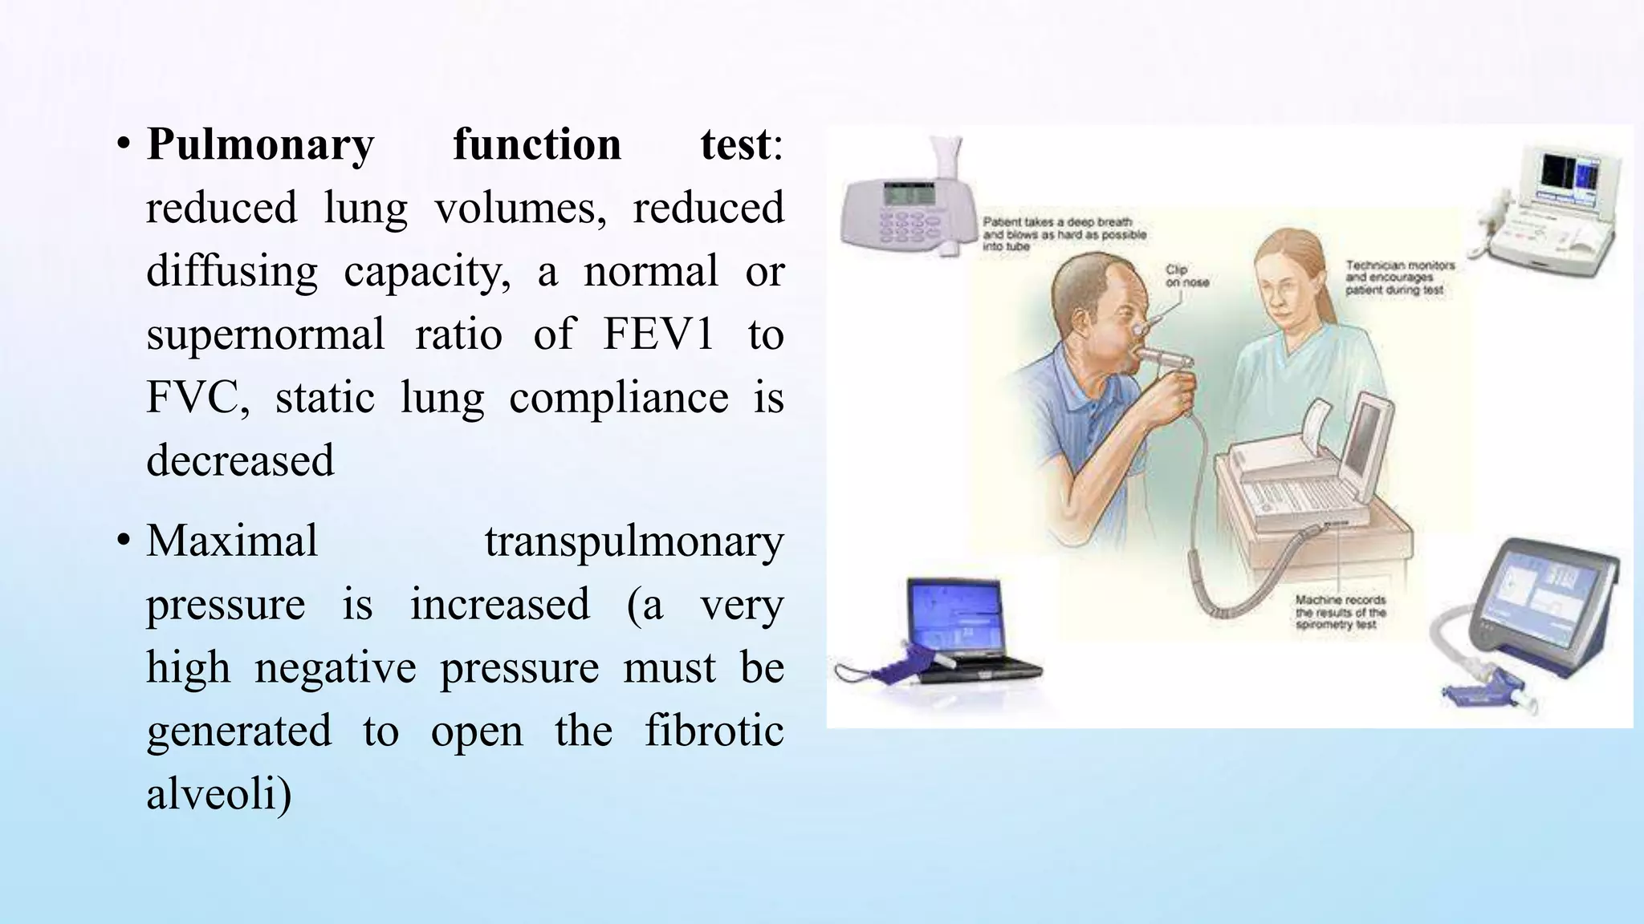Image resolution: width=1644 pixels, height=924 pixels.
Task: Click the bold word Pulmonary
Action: point(260,146)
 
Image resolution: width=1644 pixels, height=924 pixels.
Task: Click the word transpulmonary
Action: point(633,541)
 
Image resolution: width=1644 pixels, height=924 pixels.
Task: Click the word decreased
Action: point(240,460)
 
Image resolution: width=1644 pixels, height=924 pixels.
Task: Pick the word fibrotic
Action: point(714,731)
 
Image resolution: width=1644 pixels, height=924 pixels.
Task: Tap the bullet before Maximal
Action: point(123,541)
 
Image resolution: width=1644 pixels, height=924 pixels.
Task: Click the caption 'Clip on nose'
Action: point(1186,276)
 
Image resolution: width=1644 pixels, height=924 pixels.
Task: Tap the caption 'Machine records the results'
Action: point(1340,611)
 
